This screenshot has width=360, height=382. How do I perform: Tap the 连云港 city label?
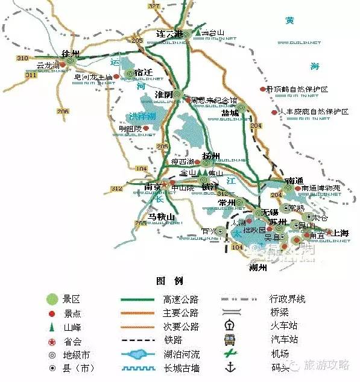[169, 33]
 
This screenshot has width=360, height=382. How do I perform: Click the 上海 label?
[341, 233]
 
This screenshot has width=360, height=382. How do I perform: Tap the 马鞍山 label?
[161, 216]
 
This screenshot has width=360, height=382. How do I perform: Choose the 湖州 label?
[257, 268]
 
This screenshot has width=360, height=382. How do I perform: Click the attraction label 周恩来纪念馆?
[214, 101]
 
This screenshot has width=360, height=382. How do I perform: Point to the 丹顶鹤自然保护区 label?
[300, 89]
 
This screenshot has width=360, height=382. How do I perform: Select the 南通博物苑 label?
[321, 188]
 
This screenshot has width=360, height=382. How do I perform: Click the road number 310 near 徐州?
[23, 58]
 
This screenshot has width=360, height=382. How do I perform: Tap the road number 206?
[62, 111]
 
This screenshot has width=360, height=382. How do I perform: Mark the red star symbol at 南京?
[163, 185]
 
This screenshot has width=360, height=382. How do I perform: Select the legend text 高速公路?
[181, 298]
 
